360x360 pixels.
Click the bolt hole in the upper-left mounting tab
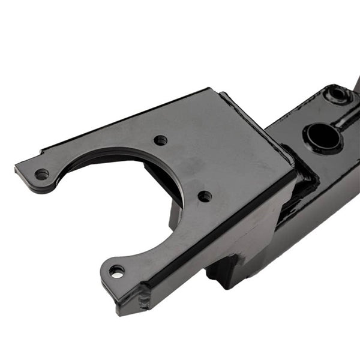coord(41,174)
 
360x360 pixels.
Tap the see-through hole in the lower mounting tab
coord(118,272)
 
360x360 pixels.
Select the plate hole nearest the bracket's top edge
coord(160,140)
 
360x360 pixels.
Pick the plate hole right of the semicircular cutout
coord(205,196)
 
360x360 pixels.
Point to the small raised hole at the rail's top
coord(337,94)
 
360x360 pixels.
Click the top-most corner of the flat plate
coord(210,90)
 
